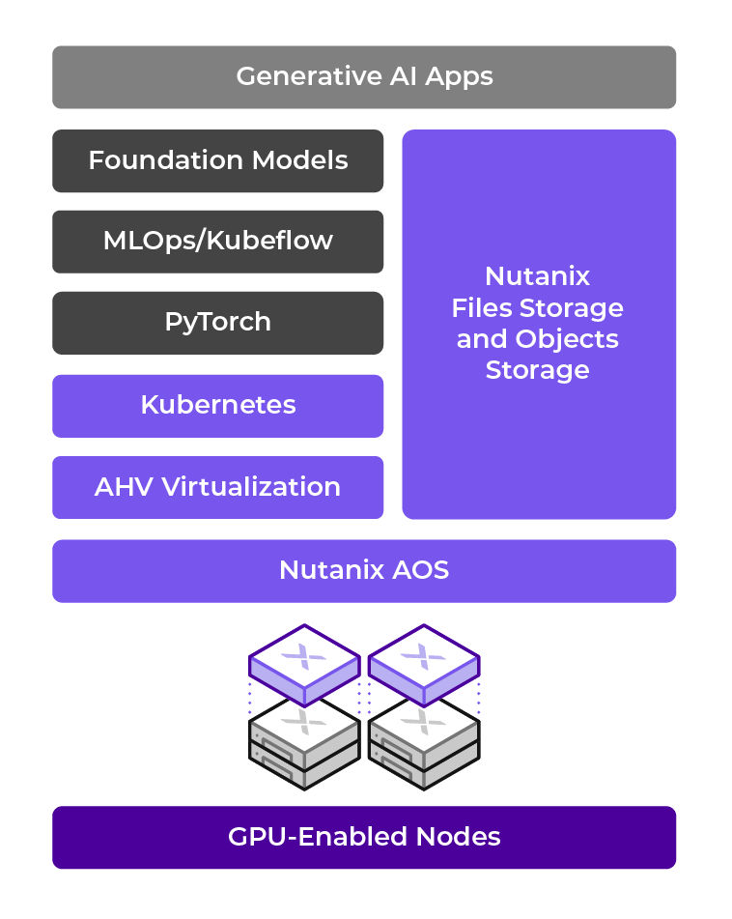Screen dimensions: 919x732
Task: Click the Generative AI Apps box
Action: coord(364,77)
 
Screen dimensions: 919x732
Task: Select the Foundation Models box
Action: coord(217,160)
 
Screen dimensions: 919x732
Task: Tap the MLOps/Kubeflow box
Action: coord(217,242)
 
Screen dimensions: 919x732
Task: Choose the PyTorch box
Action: coord(217,323)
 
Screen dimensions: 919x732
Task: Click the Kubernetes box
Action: coord(217,405)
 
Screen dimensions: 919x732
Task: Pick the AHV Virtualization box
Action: coord(217,487)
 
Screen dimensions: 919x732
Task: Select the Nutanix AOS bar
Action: coord(364,571)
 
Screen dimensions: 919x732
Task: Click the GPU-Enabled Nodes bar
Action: coord(364,837)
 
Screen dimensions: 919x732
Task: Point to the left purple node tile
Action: coord(304,663)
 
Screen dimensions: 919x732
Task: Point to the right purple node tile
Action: coord(424,663)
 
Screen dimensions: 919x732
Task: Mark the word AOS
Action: coord(419,571)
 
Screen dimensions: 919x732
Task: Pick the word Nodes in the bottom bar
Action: coord(460,837)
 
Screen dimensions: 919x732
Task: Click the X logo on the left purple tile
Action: coord(304,657)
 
